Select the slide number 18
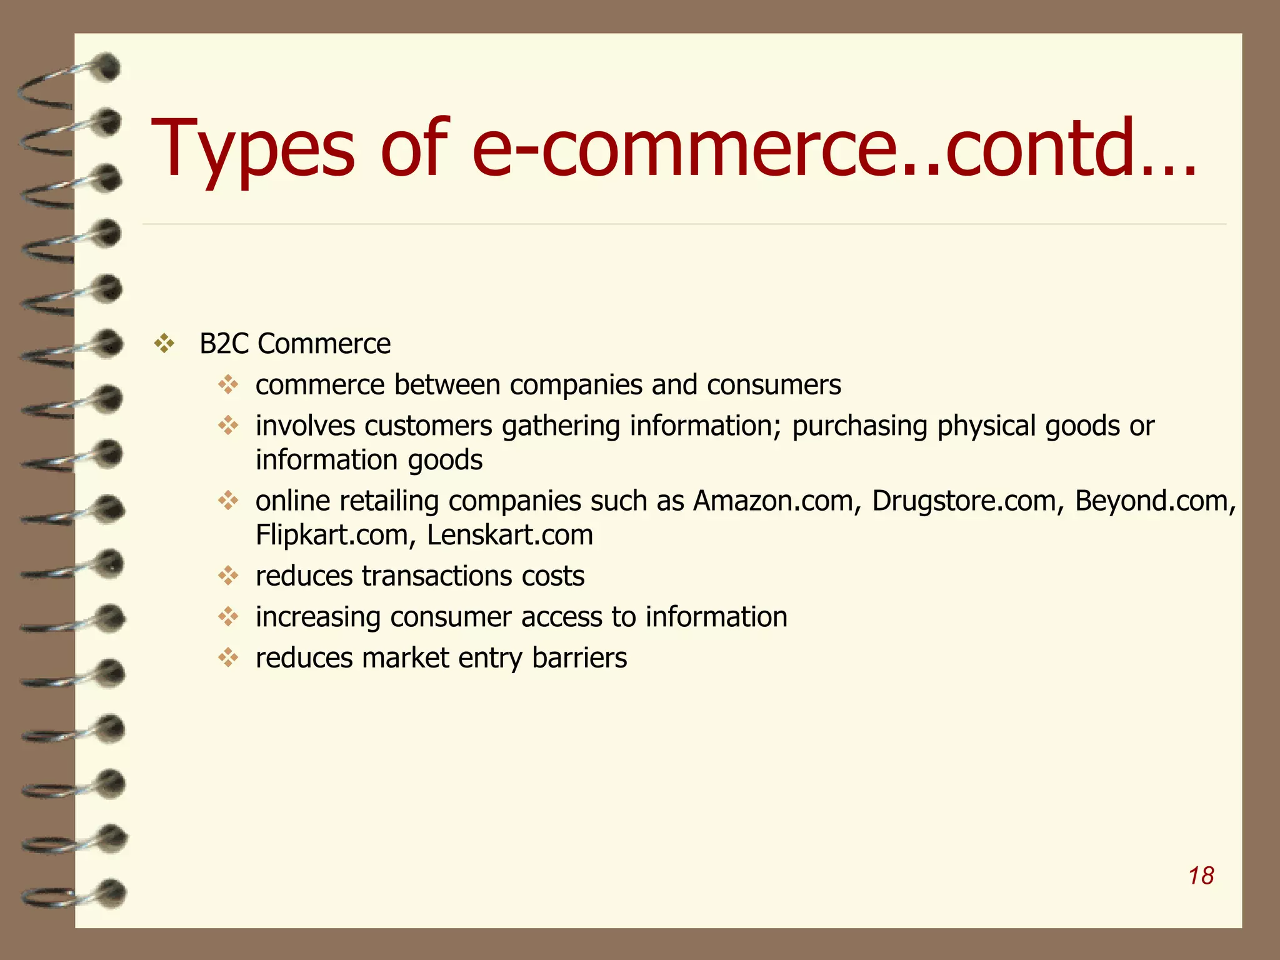click(1201, 876)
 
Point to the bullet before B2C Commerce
click(164, 344)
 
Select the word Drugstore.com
click(963, 501)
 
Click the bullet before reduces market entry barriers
click(228, 657)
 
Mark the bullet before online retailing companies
click(228, 501)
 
